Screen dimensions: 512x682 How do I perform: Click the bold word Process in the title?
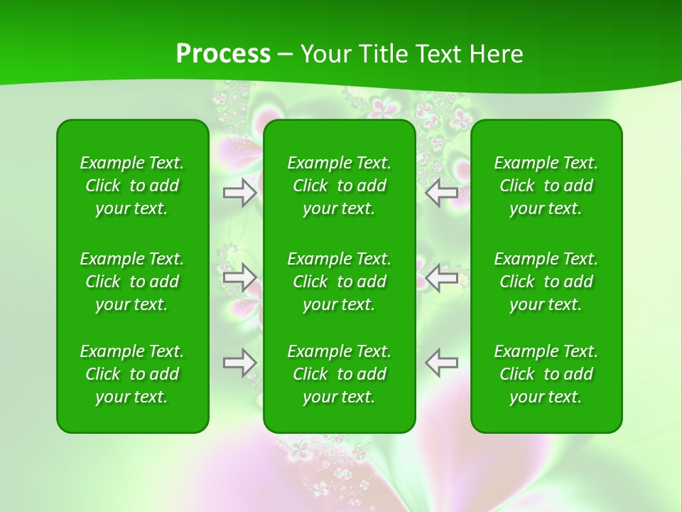click(x=223, y=54)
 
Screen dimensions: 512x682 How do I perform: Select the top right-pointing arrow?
click(x=239, y=193)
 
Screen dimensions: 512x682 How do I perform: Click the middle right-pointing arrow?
click(x=239, y=277)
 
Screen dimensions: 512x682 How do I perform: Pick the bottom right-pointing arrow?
click(x=239, y=363)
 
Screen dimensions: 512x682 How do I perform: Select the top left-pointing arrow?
click(x=442, y=193)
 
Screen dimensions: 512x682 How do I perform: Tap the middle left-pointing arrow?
click(x=442, y=277)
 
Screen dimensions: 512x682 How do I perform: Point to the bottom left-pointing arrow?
click(x=442, y=363)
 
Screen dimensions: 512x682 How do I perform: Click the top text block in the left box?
click(x=132, y=186)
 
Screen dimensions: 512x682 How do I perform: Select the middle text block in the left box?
click(x=132, y=282)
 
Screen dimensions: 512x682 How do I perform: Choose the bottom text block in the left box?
click(x=132, y=374)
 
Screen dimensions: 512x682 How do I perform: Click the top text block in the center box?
click(x=339, y=186)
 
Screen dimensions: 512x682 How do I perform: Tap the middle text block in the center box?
click(x=339, y=282)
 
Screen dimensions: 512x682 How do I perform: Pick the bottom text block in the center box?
click(x=339, y=374)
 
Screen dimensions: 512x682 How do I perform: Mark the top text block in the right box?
click(x=546, y=186)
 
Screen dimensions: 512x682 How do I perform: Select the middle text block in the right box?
click(x=546, y=282)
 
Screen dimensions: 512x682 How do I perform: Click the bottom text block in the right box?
click(x=546, y=374)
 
